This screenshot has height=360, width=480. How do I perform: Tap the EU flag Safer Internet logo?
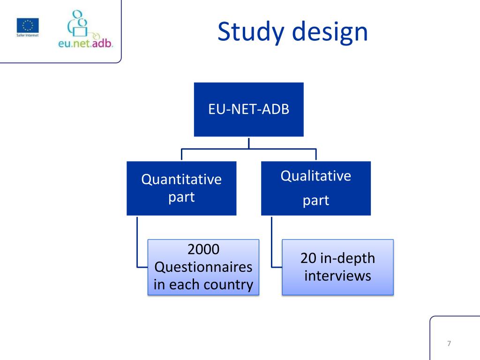coord(28,27)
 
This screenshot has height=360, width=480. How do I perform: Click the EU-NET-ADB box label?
coord(248,110)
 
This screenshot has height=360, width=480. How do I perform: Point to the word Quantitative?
coord(181,180)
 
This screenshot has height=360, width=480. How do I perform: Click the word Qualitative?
coord(315,176)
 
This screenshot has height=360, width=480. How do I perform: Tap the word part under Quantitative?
coord(181,197)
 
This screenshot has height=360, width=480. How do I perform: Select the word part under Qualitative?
coord(315,201)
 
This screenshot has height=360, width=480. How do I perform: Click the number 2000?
coord(203,250)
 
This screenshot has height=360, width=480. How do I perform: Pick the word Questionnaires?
coord(203,267)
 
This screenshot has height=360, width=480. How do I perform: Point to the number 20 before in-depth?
coord(309,258)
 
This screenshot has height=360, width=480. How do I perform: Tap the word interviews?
coord(337,276)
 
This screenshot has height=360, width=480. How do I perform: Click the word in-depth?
coord(348,258)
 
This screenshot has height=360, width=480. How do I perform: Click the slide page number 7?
coord(449,344)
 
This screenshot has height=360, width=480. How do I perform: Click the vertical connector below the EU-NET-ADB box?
coord(248,142)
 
